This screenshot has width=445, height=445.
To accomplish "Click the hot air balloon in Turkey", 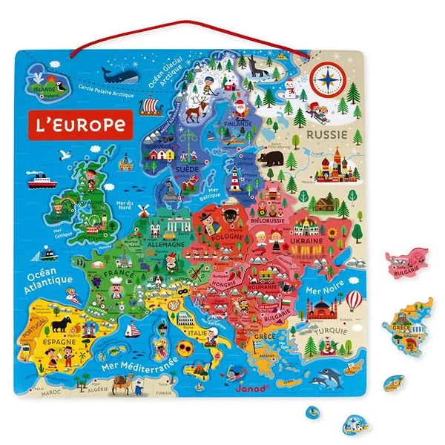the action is coord(354,298).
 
